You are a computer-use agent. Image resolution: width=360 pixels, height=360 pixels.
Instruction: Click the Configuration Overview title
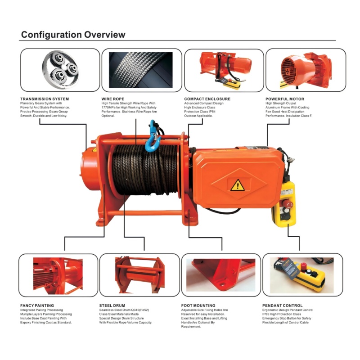click(73, 35)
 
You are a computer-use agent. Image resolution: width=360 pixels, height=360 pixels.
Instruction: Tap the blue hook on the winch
click(152, 137)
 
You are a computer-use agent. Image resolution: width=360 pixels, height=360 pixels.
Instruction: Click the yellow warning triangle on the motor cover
click(238, 185)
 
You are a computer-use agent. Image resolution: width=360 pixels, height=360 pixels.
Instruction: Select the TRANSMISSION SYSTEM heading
click(45, 99)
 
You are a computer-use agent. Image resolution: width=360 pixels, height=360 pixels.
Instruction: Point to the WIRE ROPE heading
click(113, 99)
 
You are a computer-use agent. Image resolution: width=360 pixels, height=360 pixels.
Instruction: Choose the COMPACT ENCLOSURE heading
click(207, 99)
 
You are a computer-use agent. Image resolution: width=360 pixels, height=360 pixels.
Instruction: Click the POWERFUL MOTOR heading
click(285, 99)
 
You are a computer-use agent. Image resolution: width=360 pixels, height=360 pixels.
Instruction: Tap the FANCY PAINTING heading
click(37, 306)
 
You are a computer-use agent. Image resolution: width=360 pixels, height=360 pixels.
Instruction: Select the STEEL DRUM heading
click(112, 306)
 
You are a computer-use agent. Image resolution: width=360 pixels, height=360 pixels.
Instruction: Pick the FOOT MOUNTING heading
click(198, 306)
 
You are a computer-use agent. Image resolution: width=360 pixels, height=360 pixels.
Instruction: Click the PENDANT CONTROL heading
click(283, 306)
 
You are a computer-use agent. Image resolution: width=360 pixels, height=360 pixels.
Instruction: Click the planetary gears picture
click(60, 70)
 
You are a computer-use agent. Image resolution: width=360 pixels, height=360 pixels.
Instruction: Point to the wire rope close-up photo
click(141, 70)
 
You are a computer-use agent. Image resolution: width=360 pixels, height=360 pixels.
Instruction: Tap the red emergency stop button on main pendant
click(287, 204)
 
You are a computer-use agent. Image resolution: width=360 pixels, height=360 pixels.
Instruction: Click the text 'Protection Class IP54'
click(200, 112)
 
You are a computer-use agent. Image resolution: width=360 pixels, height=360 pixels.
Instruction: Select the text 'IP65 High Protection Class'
click(282, 314)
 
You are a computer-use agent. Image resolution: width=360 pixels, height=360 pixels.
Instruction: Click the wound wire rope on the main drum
click(145, 170)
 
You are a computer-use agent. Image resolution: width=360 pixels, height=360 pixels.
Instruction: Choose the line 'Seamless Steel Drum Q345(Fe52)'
click(124, 310)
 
